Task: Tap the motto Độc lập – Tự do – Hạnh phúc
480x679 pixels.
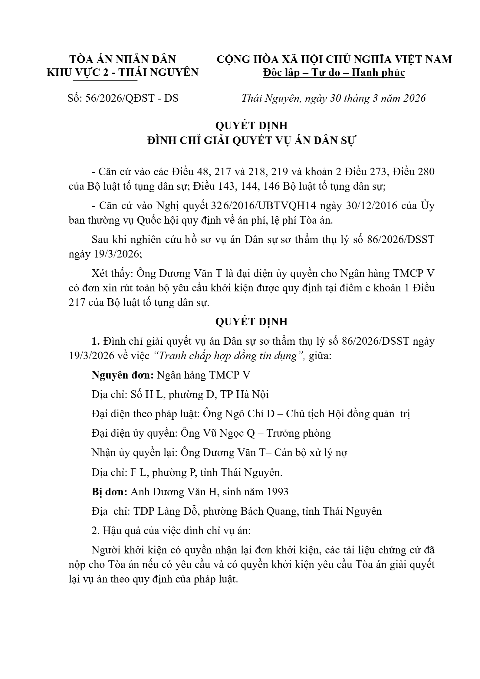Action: coord(334,73)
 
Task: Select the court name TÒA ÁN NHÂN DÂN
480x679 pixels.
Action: coord(123,59)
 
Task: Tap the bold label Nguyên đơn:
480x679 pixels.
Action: coord(122,375)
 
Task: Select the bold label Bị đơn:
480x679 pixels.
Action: coord(110,492)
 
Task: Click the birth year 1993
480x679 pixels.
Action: coord(277,492)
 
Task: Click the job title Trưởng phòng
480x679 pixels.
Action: coord(299,433)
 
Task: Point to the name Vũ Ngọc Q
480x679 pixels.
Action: coord(233,433)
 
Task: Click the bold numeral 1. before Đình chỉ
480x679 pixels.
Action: coord(96,341)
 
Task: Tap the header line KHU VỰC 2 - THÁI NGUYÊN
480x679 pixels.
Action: coord(123,73)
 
